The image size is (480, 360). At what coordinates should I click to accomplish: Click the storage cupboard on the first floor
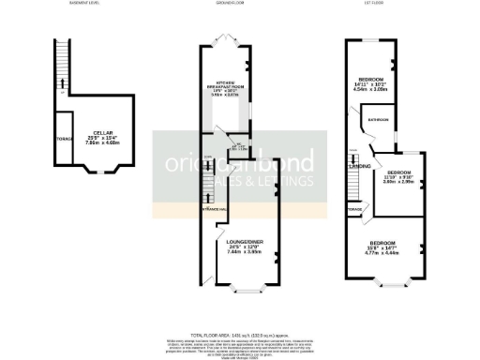353,209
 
